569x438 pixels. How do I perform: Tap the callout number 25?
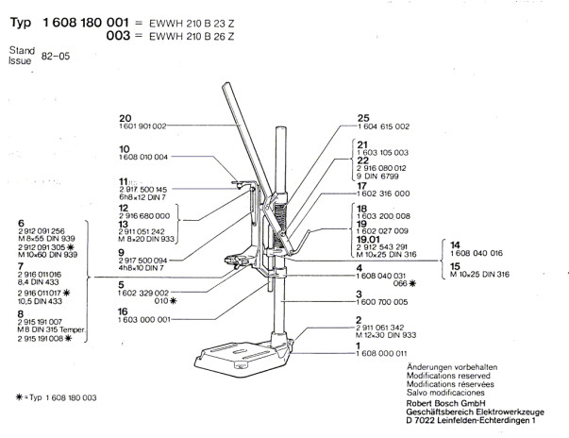363,117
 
